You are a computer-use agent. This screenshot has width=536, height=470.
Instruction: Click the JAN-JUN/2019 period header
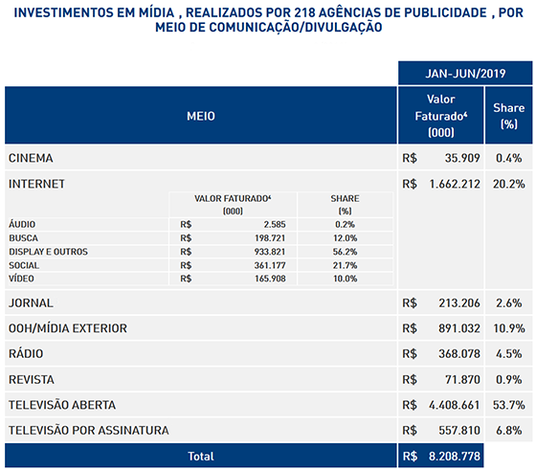(465, 74)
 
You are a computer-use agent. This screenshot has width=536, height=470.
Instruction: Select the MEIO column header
(201, 116)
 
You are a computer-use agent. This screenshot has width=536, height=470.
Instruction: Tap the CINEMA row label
(31, 158)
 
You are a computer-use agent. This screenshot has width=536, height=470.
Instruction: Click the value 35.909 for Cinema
(462, 158)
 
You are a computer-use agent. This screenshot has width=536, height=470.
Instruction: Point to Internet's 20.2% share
(508, 184)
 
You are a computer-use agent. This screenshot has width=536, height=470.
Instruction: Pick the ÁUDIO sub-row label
(22, 224)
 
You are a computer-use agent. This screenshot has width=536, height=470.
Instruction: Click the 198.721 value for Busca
(270, 238)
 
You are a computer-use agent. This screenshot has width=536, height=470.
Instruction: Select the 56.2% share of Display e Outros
(345, 252)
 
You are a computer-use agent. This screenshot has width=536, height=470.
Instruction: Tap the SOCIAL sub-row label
(24, 265)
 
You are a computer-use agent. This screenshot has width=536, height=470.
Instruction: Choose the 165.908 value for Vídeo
(270, 279)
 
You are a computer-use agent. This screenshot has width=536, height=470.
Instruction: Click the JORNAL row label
(31, 302)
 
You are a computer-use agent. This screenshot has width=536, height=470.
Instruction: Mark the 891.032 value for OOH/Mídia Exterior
(459, 328)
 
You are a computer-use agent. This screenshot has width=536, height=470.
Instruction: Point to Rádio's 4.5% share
(508, 353)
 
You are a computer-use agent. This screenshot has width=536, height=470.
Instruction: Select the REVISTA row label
(32, 379)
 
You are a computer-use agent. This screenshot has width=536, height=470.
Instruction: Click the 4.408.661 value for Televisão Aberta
(455, 405)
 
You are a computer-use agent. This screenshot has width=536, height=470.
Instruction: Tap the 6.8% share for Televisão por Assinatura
(508, 430)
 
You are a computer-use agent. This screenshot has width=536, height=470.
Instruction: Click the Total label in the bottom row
(201, 456)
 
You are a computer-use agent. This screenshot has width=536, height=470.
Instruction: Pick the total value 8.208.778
(455, 456)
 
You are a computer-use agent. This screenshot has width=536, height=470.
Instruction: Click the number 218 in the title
(305, 12)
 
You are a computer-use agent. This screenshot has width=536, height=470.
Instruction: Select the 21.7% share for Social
(345, 265)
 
